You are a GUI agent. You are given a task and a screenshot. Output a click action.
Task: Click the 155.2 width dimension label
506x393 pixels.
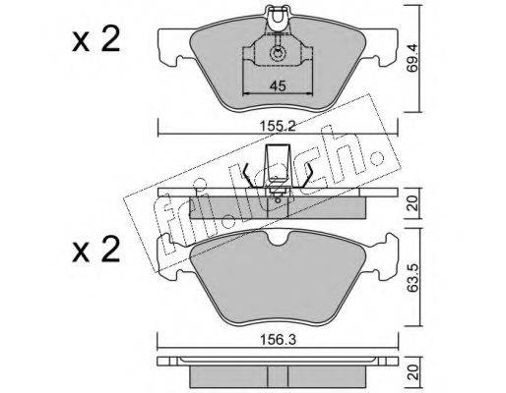278,126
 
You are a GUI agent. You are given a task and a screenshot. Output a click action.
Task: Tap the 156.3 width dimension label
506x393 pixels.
278,340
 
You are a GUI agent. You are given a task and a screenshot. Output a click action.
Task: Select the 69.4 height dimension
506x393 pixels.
412,59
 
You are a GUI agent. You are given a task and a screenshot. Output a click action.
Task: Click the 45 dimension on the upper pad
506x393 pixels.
278,86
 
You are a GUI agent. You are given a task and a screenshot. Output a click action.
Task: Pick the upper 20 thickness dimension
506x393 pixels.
412,203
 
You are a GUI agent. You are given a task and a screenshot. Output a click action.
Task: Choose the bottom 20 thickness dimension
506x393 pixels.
412,372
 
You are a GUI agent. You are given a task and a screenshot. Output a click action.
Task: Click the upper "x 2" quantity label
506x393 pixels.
96,40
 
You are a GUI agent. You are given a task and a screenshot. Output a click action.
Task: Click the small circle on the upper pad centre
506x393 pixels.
278,54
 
